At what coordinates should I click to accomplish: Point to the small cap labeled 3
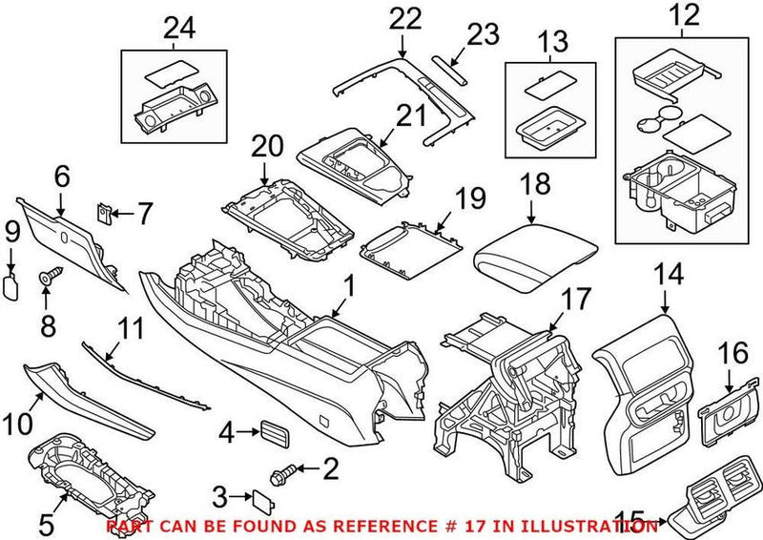coord(260,496)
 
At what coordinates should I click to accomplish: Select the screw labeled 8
coord(46,277)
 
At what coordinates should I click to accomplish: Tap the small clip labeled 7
coord(105,211)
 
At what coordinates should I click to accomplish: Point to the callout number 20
coord(268,147)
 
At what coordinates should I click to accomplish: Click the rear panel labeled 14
coord(641,401)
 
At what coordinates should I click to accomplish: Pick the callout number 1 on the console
coord(348,285)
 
